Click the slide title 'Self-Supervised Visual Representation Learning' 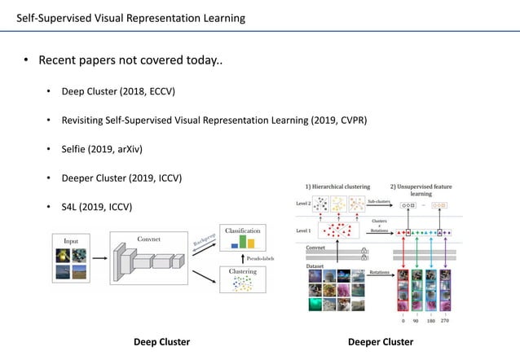click(130, 18)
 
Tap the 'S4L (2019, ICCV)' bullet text click(96, 207)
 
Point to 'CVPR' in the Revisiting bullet click(350, 121)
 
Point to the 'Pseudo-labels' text click(262, 258)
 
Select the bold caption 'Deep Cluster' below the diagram click(161, 342)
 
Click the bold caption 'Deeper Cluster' click(381, 342)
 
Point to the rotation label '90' click(416, 321)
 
